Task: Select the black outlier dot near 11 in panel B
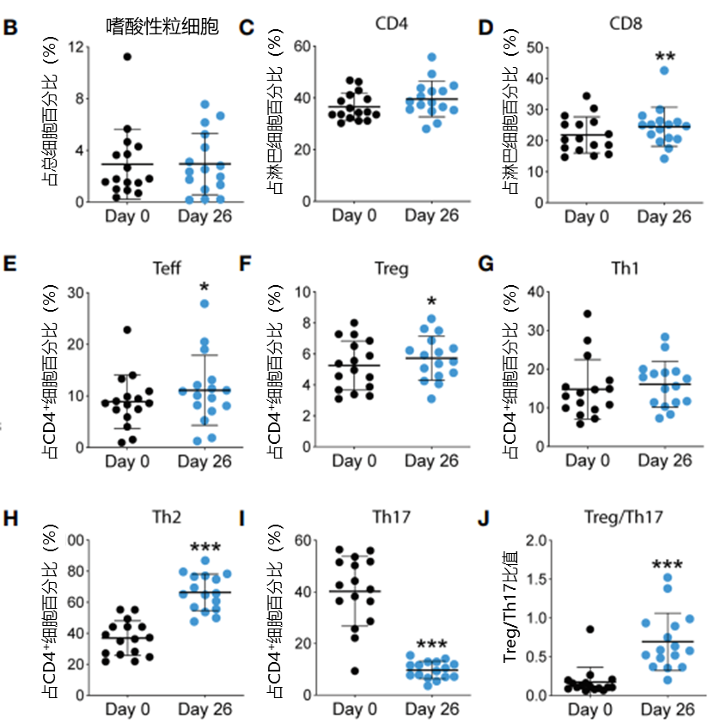tap(127, 57)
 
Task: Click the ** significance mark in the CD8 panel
tap(664, 58)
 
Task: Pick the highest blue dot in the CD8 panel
tap(664, 70)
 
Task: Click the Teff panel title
tap(167, 267)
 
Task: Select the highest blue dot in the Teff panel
tap(204, 303)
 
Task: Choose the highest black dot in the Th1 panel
tap(588, 314)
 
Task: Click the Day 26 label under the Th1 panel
tap(664, 462)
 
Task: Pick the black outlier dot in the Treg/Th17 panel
tap(589, 629)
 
